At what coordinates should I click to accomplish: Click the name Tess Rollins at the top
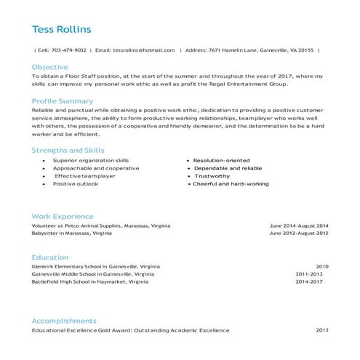pyautogui.click(x=61, y=30)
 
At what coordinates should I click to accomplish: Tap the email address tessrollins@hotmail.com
pyautogui.click(x=145, y=50)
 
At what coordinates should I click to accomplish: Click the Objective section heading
pyautogui.click(x=49, y=66)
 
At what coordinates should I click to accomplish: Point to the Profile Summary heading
pyautogui.click(x=62, y=101)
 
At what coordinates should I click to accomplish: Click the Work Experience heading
pyautogui.click(x=63, y=216)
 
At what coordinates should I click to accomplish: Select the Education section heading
pyautogui.click(x=49, y=257)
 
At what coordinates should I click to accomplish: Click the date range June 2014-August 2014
pyautogui.click(x=299, y=225)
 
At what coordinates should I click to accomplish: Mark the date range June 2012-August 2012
pyautogui.click(x=299, y=233)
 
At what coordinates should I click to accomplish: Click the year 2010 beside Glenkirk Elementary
pyautogui.click(x=321, y=266)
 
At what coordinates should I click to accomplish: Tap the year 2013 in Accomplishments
pyautogui.click(x=321, y=330)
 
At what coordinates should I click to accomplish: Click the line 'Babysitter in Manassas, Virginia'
pyautogui.click(x=71, y=233)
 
